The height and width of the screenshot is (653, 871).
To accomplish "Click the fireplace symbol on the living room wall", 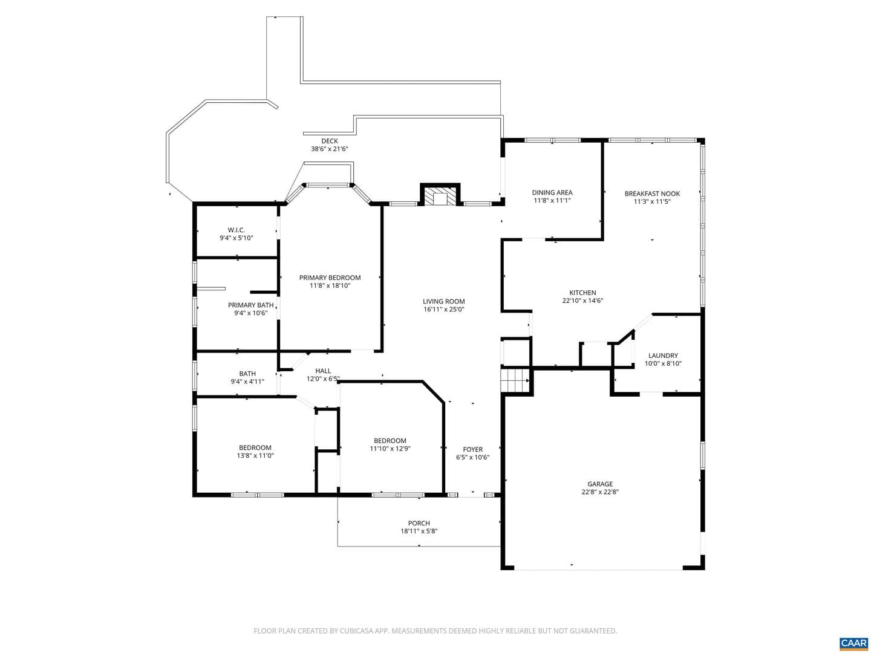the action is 440,195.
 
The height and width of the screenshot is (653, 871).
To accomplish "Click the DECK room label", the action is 330,141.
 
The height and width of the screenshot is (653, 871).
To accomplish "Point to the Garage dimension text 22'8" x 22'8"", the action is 599,492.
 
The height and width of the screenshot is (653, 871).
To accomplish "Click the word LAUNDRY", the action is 663,356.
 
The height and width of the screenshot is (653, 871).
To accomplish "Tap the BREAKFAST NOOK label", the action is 652,193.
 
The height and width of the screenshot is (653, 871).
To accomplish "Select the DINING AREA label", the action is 552,193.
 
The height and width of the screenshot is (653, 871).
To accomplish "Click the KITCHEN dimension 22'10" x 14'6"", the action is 582,301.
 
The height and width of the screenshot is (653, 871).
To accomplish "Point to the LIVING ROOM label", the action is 443,301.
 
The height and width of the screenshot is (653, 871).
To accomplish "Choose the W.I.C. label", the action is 236,230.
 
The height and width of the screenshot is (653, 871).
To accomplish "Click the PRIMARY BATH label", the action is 250,305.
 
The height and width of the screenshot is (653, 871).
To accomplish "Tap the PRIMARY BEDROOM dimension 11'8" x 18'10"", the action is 330,285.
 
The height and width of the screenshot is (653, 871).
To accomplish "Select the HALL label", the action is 323,371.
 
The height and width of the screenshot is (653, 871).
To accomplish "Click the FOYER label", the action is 472,449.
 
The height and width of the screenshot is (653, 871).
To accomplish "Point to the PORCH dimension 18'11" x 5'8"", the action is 419,531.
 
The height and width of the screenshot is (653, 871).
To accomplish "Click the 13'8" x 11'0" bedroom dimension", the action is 255,455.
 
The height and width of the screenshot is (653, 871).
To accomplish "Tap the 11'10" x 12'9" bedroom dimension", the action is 390,449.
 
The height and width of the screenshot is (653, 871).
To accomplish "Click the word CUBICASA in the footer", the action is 356,631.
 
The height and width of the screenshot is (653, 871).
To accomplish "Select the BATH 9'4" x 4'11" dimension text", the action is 247,382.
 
